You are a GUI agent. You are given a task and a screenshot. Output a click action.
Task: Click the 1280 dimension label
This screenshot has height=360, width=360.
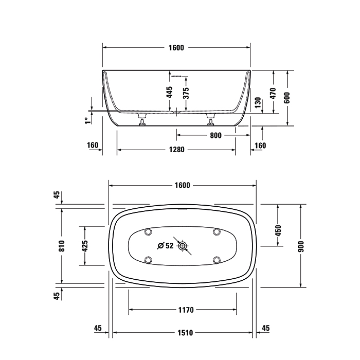pos(176,150)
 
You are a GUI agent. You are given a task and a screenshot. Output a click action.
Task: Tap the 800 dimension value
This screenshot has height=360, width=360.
pos(215,135)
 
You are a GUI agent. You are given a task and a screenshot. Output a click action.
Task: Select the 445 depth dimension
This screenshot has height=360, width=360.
pos(169,92)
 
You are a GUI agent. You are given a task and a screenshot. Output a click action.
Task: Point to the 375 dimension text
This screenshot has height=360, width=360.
pos(186,93)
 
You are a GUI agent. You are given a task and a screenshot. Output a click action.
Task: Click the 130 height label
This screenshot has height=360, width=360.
pos(258,103)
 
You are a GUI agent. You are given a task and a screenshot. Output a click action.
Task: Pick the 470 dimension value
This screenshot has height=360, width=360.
pos(273,93)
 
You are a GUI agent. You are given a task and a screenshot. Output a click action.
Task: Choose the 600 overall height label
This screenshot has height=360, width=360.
pos(287,98)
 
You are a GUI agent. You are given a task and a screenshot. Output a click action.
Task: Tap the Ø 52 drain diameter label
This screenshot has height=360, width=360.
pos(165,246)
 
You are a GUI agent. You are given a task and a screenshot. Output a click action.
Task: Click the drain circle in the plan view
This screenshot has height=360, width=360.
pos(183,246)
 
